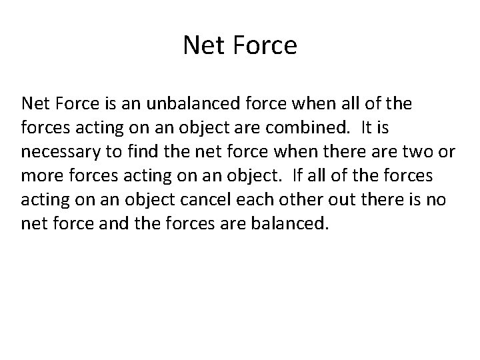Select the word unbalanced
(189, 103)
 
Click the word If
(302, 175)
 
